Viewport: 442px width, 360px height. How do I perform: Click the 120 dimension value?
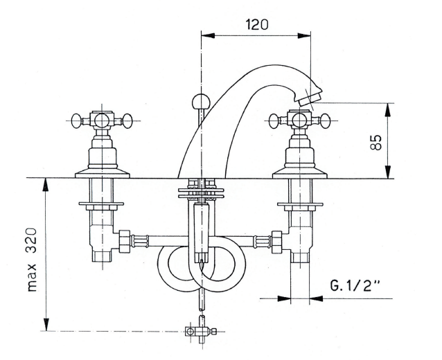coord(257,24)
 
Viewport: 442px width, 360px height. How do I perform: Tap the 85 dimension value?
coord(375,142)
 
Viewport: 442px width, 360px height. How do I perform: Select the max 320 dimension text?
coord(32,260)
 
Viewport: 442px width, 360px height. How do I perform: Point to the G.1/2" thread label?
coord(355,286)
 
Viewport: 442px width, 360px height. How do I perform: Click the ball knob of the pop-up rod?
coord(200,101)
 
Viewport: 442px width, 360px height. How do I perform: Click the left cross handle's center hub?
coord(101,120)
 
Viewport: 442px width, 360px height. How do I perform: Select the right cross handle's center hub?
coord(299,120)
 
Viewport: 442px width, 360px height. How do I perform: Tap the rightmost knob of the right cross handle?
coord(324,120)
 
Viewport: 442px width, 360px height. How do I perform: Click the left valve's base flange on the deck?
coord(103,173)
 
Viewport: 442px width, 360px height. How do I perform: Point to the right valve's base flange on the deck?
coord(300,173)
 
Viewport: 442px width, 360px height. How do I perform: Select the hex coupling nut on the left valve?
coord(124,241)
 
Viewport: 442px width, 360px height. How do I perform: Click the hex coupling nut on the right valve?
coord(277,241)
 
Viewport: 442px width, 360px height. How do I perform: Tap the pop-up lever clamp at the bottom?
coord(200,331)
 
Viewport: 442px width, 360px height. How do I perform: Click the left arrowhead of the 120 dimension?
coord(208,35)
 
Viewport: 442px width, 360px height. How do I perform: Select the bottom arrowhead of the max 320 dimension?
coord(45,324)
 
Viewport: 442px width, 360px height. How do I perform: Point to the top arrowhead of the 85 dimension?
coord(388,110)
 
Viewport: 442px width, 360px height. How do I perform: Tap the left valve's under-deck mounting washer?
coord(101,204)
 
